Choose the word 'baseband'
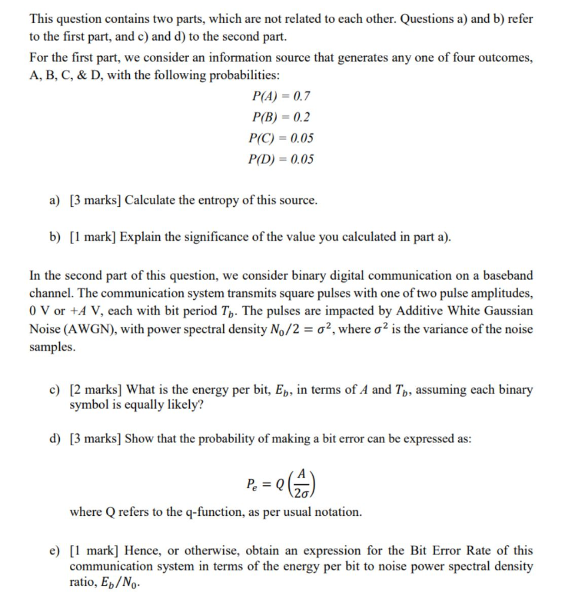tap(508, 276)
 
